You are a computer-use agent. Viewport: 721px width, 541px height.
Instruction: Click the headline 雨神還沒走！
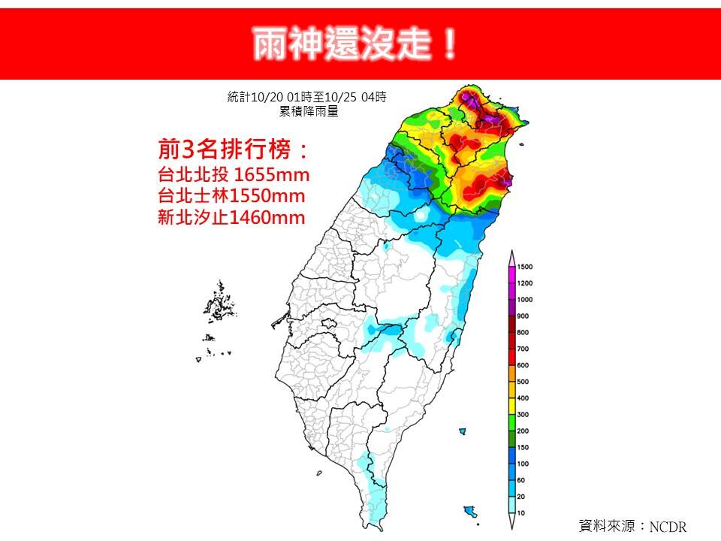click(354, 44)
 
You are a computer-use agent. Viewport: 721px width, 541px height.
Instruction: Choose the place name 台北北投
click(190, 175)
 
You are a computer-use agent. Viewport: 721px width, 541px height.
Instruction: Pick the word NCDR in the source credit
click(668, 527)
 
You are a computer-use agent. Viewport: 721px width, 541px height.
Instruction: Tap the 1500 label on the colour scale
click(526, 267)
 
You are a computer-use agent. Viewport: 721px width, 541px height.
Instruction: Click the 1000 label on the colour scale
click(526, 300)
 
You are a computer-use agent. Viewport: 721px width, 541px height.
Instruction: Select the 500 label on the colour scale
click(523, 382)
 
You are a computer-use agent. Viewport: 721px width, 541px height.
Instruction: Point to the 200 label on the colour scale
click(523, 431)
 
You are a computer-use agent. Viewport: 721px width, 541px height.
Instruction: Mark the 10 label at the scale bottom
click(521, 512)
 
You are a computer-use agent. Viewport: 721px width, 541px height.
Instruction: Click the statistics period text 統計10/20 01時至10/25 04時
click(307, 97)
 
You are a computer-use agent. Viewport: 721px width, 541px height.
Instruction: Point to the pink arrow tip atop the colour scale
click(511, 256)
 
